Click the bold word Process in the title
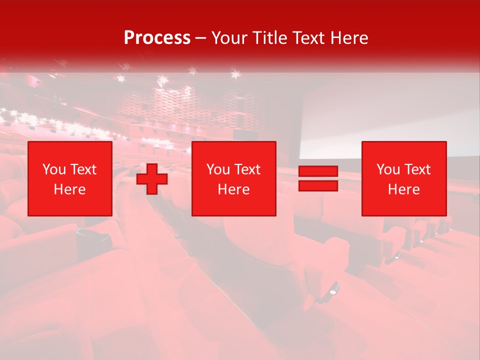pyautogui.click(x=157, y=38)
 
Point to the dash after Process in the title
pyautogui.click(x=201, y=38)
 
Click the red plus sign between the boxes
pyautogui.click(x=152, y=178)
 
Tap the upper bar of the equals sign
pyautogui.click(x=318, y=171)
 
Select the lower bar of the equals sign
pyautogui.click(x=318, y=186)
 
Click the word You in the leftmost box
pyautogui.click(x=53, y=169)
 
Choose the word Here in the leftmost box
pyautogui.click(x=69, y=189)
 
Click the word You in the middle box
pyautogui.click(x=217, y=169)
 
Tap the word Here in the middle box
pyautogui.click(x=233, y=189)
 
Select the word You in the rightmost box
pyautogui.click(x=387, y=169)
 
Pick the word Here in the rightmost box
pyautogui.click(x=403, y=189)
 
